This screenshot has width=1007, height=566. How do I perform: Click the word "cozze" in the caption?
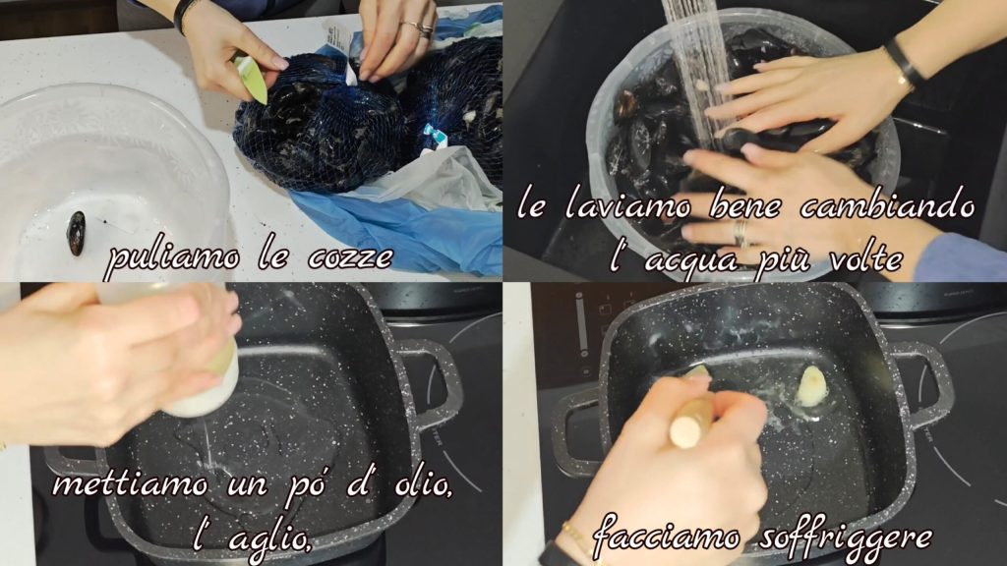coord(351,258)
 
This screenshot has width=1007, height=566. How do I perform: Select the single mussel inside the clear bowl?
coord(77,233)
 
